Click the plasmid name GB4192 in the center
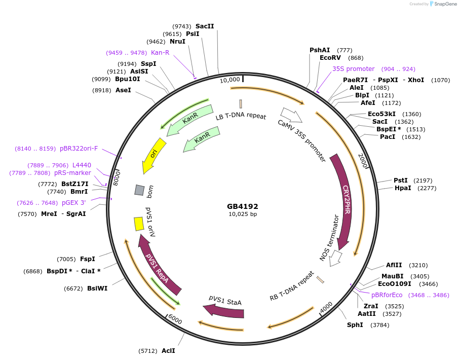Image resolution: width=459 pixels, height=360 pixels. point(243,206)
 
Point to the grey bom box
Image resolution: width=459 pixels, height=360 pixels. point(139,190)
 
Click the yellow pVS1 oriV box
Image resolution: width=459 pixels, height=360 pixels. point(138,224)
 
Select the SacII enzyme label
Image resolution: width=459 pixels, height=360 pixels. point(205,26)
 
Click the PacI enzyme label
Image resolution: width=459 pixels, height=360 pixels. point(388,136)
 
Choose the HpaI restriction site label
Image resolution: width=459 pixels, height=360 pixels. point(403,188)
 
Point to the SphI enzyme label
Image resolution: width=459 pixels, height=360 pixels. point(355,325)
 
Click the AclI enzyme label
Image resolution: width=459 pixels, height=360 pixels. point(168,350)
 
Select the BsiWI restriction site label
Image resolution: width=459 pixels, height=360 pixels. point(97,289)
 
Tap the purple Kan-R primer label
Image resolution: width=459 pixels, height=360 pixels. point(160,52)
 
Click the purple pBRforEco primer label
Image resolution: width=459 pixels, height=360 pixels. point(387,295)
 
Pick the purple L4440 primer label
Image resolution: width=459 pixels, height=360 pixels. point(82,165)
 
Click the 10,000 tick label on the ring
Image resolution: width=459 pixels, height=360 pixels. point(230,80)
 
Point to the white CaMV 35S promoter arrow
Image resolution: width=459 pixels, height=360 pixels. point(292,115)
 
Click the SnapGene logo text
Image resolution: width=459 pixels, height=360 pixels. point(444,4)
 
